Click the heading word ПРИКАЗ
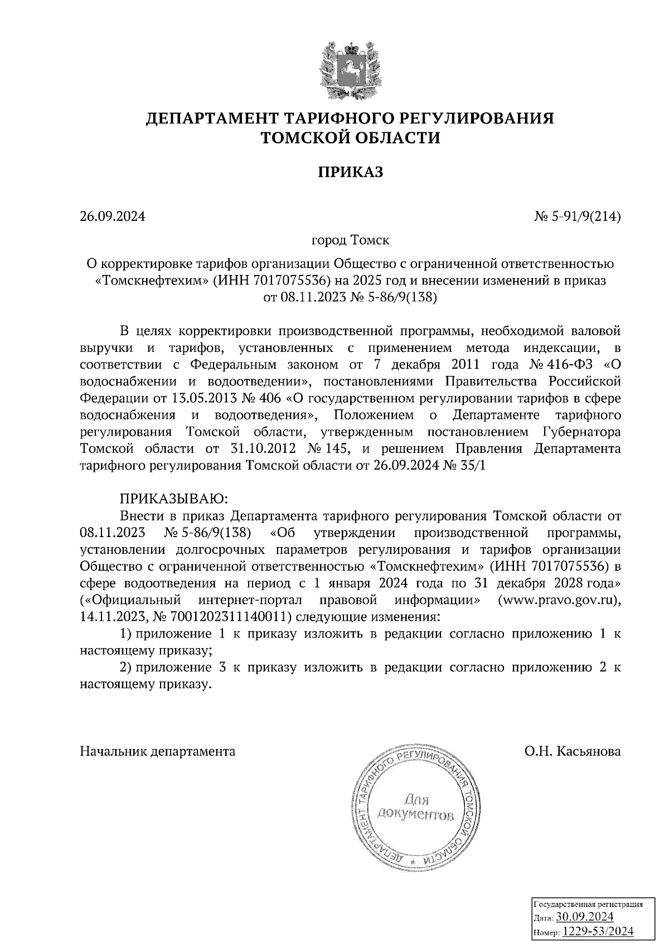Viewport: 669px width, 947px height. click(x=350, y=172)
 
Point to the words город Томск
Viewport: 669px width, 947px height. click(x=350, y=240)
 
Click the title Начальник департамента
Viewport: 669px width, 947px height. click(x=158, y=751)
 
